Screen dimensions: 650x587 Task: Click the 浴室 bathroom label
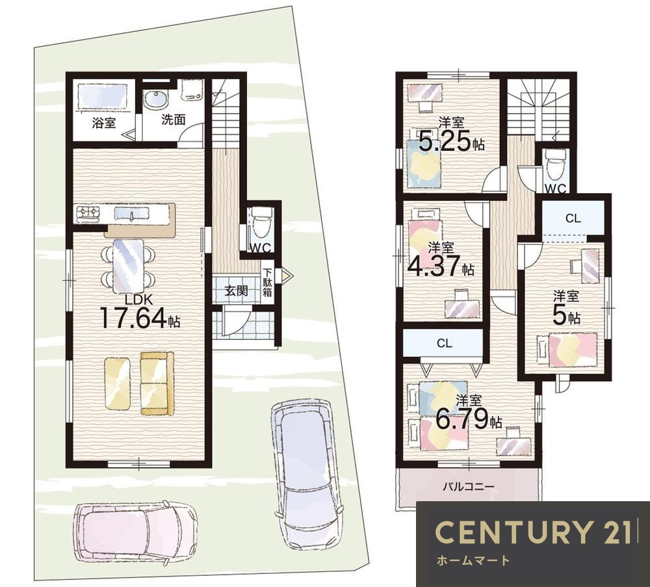[103, 123]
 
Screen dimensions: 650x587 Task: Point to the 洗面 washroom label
[173, 120]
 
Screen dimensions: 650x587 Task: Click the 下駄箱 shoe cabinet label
[268, 282]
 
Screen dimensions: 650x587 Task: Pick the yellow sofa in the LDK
[157, 384]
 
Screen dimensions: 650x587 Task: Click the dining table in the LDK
[129, 267]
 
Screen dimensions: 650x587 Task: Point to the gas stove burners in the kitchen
[88, 213]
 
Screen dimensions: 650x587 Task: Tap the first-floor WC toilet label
[261, 248]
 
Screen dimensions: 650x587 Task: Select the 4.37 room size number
[434, 266]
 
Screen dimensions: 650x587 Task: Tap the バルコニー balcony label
[469, 486]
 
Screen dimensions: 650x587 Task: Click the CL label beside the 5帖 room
[573, 218]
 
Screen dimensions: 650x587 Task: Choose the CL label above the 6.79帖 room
[444, 343]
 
